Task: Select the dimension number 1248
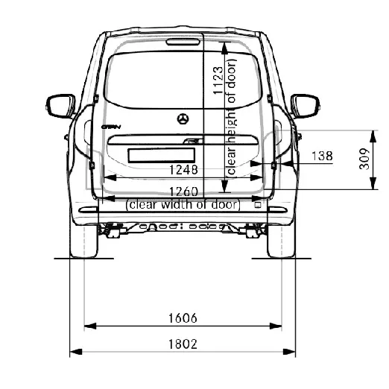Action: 183,168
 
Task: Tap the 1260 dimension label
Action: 183,191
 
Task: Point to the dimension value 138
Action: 321,156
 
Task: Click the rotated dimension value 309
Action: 364,160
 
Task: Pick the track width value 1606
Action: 183,318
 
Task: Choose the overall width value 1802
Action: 183,344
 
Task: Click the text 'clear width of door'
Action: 183,204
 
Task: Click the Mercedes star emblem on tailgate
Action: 183,119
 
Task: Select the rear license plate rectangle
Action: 161,155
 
